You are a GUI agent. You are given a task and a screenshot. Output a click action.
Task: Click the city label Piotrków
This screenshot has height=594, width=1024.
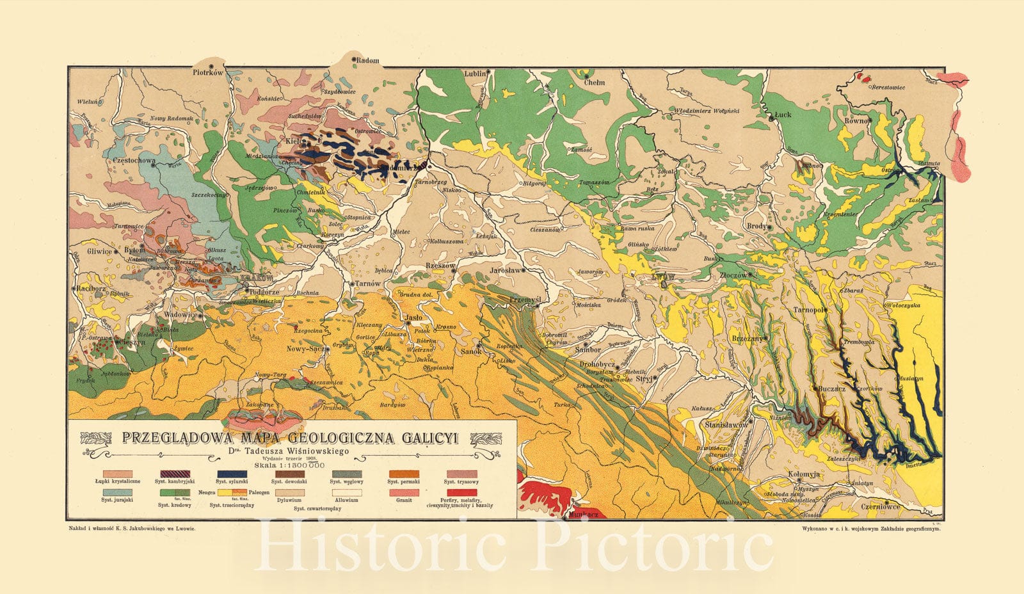pos(207,73)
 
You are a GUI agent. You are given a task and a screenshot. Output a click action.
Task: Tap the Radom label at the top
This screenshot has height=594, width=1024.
pos(367,61)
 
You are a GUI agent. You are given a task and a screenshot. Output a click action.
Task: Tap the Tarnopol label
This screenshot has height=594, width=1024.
pos(808,310)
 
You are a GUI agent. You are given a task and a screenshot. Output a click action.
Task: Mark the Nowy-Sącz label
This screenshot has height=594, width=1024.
pos(305,349)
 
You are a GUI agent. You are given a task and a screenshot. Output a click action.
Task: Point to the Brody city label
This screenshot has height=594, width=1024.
pos(757,226)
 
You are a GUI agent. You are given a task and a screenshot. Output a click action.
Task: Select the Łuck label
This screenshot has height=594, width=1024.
pos(783,115)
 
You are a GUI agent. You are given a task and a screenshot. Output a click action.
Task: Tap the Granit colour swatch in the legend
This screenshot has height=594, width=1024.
pos(403,493)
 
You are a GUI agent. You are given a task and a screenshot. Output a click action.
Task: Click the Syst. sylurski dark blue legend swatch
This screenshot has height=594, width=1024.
pos(232,474)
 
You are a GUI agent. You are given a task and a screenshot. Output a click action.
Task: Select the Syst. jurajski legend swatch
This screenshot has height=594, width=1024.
pos(118,493)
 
